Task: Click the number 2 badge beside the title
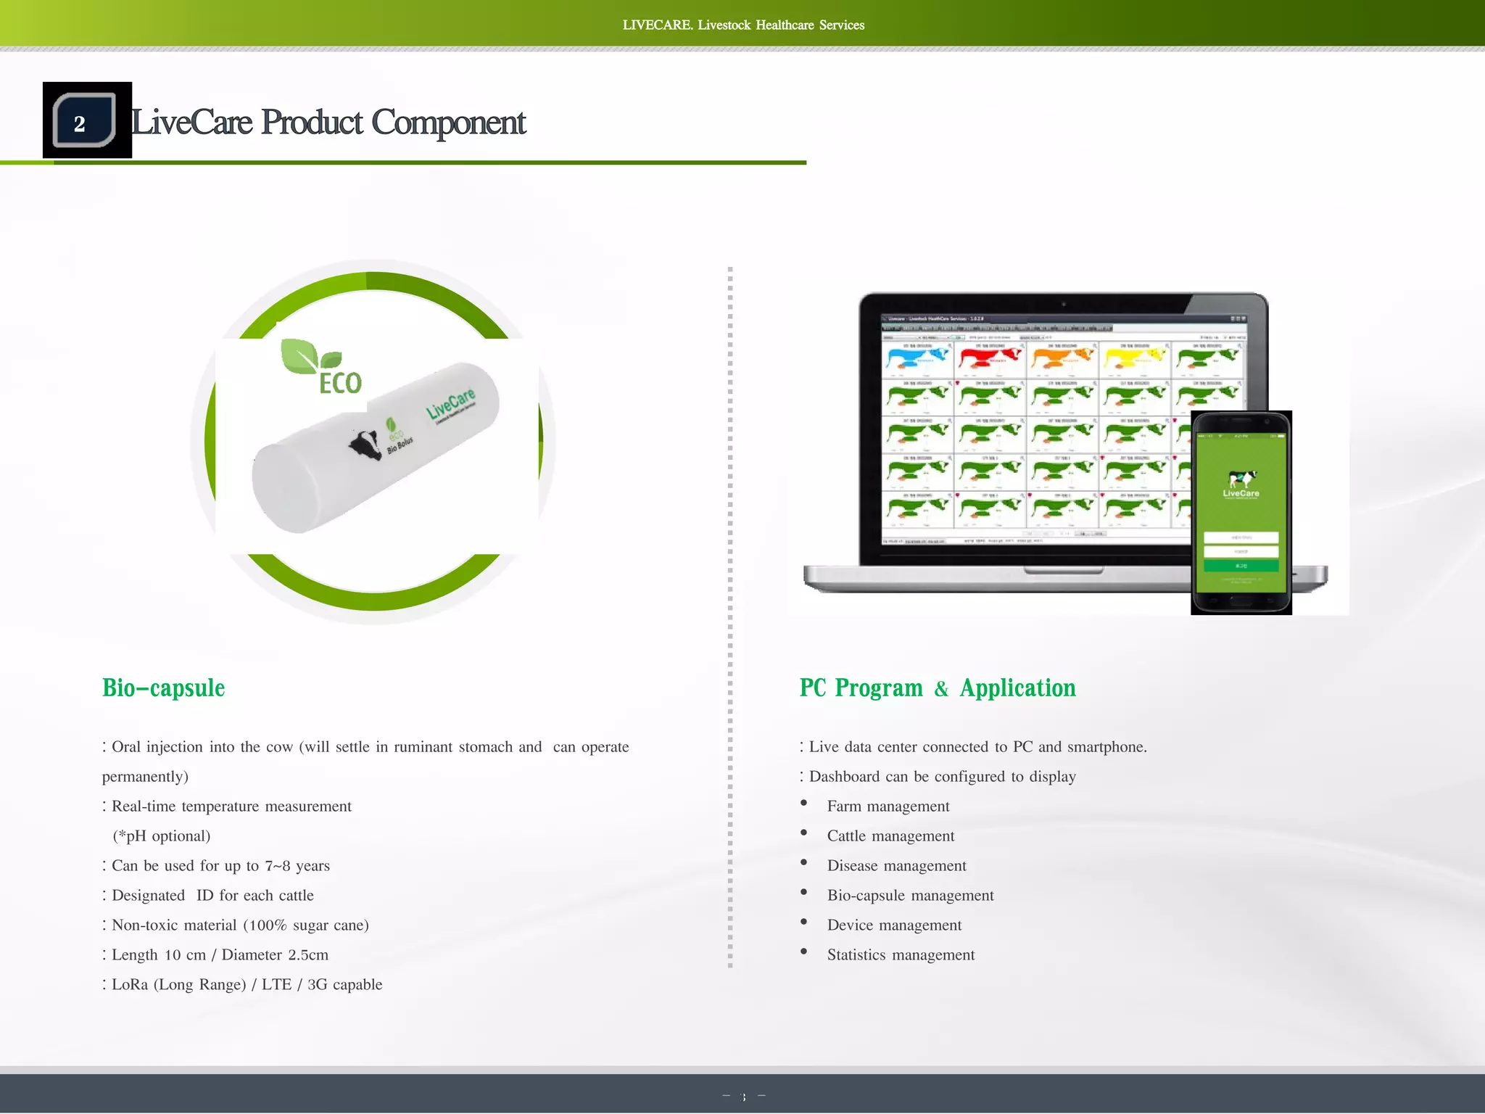click(84, 121)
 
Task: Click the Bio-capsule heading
click(164, 688)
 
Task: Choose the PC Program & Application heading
click(937, 688)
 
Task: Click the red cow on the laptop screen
click(989, 358)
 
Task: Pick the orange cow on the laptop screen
click(1062, 358)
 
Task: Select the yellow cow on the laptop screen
click(1134, 358)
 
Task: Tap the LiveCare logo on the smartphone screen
click(1241, 484)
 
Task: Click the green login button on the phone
click(1241, 566)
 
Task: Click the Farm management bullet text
click(888, 806)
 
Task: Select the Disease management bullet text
click(896, 866)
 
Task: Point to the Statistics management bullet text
click(901, 955)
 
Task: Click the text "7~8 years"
click(297, 866)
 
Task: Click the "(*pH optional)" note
click(162, 836)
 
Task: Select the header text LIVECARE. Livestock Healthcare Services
click(743, 25)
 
